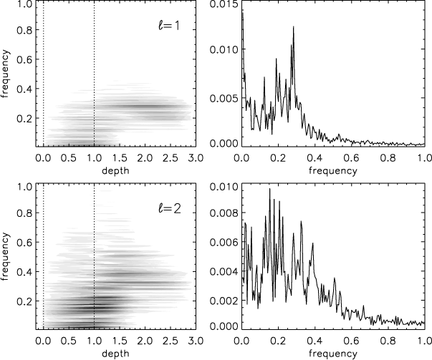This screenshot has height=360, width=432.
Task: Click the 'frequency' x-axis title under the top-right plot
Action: pos(332,171)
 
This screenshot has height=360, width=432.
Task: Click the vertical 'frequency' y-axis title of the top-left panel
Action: pos(6,74)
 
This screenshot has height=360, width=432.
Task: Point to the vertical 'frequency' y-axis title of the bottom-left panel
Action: pos(6,257)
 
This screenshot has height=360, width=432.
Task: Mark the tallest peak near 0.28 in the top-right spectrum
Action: pos(293,27)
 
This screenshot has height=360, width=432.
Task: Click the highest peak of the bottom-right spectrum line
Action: pos(269,189)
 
